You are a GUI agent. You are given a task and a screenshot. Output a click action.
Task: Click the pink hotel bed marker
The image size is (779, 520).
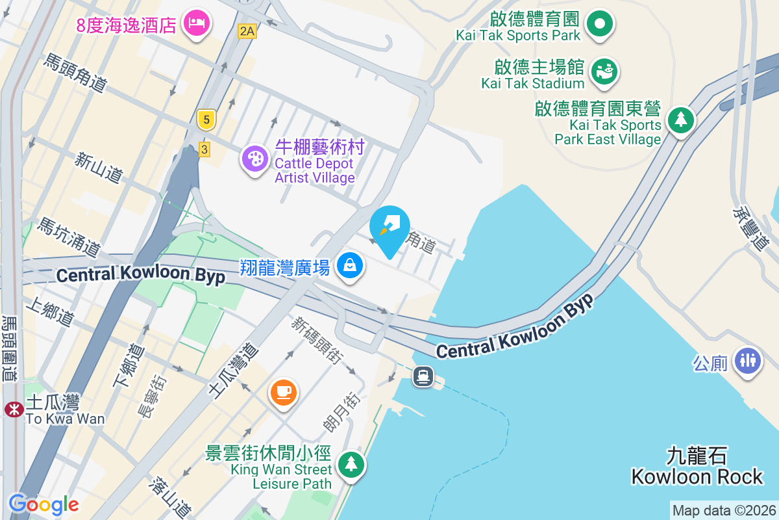(x=197, y=24)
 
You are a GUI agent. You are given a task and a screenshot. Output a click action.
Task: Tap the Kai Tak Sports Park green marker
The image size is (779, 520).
(x=600, y=24)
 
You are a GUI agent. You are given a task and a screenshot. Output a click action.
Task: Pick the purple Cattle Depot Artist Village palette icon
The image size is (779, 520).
(x=254, y=158)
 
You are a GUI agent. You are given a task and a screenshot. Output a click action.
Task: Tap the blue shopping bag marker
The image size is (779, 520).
(x=350, y=265)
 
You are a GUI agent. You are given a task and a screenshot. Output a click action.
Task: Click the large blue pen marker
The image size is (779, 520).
(x=389, y=228)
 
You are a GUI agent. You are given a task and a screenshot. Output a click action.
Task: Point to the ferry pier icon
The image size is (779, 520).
(x=423, y=376)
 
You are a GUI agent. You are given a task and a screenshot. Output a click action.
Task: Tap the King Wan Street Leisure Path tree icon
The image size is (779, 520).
(x=351, y=463)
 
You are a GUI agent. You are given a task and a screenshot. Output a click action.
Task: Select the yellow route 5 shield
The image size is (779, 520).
(x=206, y=119)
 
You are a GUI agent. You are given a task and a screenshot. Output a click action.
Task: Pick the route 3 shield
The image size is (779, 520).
(x=204, y=149)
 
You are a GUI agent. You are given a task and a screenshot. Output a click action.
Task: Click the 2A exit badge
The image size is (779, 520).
(x=247, y=31)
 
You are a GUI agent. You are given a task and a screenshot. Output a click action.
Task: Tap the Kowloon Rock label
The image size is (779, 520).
(x=697, y=466)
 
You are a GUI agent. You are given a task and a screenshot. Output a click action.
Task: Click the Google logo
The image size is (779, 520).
(x=43, y=504)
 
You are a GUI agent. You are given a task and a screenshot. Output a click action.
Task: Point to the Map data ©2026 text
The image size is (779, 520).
(x=723, y=511)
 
